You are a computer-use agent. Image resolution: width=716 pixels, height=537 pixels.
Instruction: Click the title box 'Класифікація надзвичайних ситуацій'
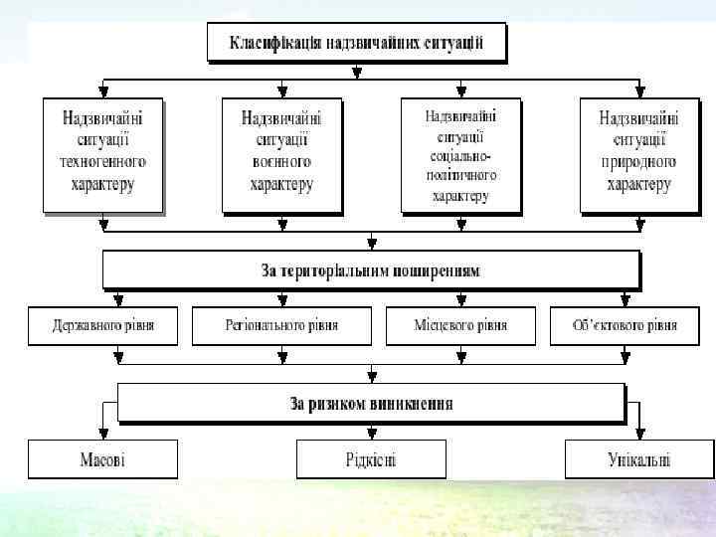click(x=356, y=44)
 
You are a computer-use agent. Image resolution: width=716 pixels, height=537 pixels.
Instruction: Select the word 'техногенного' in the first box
click(x=102, y=162)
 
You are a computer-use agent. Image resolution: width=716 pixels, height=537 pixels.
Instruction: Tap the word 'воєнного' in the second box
click(x=281, y=162)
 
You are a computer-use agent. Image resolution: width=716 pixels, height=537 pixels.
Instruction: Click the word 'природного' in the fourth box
click(x=638, y=162)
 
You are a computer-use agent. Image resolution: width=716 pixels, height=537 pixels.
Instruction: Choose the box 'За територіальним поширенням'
click(x=370, y=270)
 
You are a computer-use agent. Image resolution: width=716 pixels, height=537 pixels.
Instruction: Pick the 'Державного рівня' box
click(x=103, y=325)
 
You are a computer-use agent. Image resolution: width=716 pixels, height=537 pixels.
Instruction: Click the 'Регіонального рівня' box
click(x=281, y=325)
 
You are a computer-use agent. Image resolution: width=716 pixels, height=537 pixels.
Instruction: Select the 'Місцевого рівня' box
click(x=460, y=325)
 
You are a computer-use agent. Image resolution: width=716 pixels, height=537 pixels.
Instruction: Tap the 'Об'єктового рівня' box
click(x=626, y=325)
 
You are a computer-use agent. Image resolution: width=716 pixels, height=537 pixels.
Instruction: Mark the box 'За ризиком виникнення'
click(x=371, y=403)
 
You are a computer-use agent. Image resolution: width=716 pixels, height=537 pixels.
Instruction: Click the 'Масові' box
click(x=102, y=459)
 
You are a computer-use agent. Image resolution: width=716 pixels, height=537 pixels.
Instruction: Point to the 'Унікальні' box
click(x=638, y=459)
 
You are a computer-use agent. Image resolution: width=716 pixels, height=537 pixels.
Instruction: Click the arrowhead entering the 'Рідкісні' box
click(x=371, y=434)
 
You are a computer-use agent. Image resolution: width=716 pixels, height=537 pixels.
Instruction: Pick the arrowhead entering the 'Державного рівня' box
click(x=118, y=299)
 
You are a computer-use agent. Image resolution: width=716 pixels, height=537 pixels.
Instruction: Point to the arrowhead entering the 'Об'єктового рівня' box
click(x=626, y=299)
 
